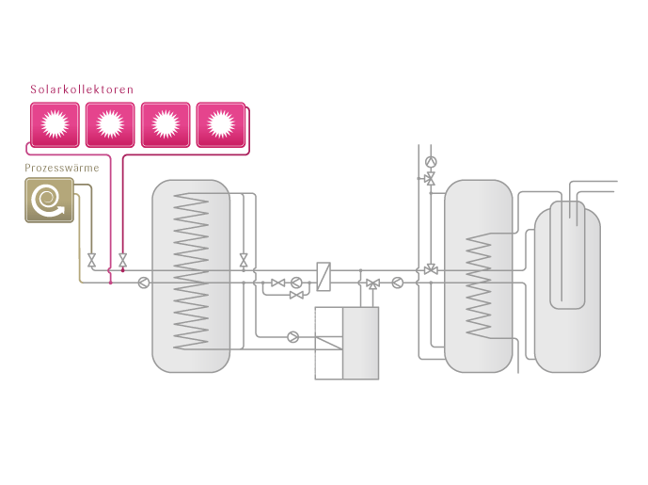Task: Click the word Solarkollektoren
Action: [82, 89]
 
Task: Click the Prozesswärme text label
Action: [62, 169]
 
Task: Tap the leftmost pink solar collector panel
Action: [55, 124]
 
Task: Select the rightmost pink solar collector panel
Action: [220, 124]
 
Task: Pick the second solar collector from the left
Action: [110, 124]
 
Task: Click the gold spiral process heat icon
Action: [49, 200]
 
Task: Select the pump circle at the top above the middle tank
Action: [431, 161]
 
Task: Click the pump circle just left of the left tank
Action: [143, 282]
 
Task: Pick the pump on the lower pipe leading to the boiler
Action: [292, 336]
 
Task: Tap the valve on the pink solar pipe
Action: [122, 260]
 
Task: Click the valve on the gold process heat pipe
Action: [91, 260]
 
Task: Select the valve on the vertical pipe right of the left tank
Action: [244, 259]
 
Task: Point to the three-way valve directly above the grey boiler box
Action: [372, 283]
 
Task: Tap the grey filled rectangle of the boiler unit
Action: [360, 343]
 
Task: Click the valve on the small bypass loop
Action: [296, 296]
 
